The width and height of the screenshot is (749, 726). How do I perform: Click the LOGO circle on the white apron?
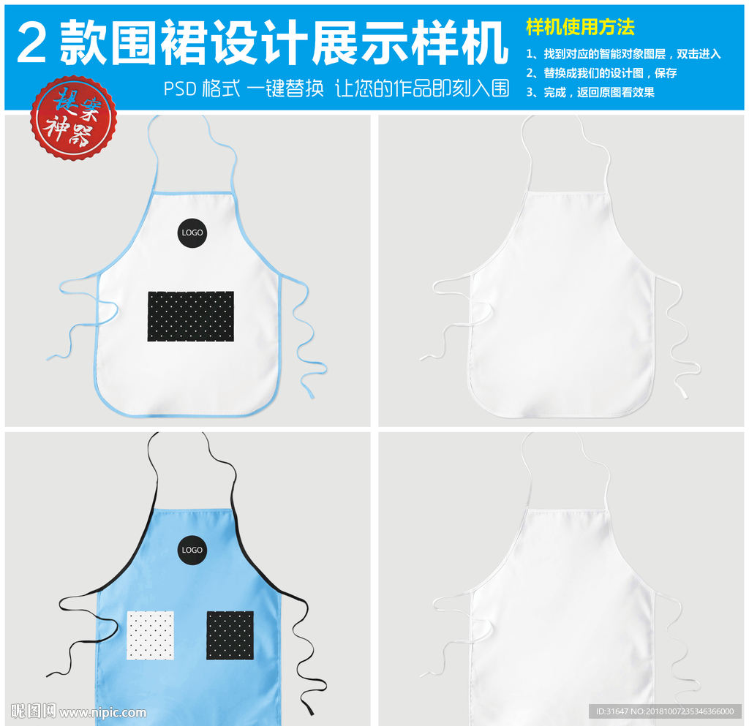[x=192, y=232]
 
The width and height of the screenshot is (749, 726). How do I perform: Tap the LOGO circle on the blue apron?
[x=192, y=550]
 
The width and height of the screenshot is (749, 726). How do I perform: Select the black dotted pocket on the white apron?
[x=191, y=317]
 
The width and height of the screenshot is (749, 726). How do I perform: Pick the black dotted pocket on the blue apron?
[x=230, y=635]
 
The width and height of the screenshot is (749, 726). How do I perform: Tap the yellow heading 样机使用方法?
[x=580, y=28]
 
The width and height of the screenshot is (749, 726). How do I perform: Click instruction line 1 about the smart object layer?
[x=623, y=54]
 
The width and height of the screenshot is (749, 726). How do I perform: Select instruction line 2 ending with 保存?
[x=601, y=73]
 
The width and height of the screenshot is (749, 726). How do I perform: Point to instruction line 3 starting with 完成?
[x=590, y=92]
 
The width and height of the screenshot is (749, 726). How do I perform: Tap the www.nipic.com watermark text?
[x=103, y=712]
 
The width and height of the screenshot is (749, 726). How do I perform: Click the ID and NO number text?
[x=665, y=711]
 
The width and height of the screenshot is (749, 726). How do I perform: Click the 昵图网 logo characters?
[x=34, y=711]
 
